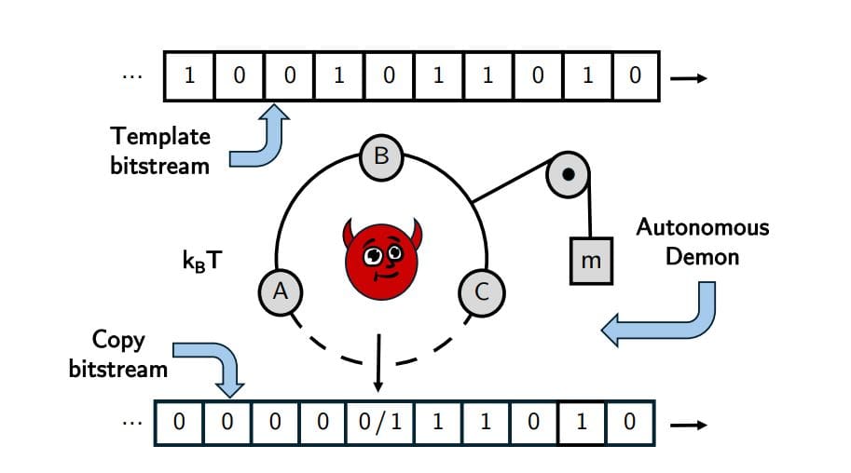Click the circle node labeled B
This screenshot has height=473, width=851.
click(x=381, y=156)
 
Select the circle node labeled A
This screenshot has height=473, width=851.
click(x=279, y=292)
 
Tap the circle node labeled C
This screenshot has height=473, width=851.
click(x=482, y=292)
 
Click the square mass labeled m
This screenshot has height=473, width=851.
click(x=591, y=262)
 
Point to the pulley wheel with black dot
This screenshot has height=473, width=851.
click(x=569, y=174)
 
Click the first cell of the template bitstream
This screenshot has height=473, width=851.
click(x=189, y=75)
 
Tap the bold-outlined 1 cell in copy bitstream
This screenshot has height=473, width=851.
click(x=581, y=422)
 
